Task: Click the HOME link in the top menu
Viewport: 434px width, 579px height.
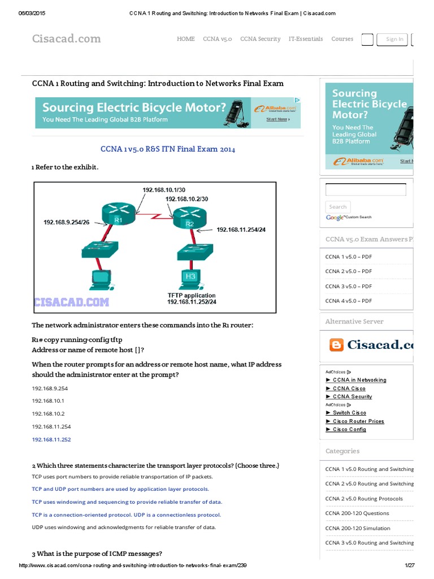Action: pyautogui.click(x=185, y=39)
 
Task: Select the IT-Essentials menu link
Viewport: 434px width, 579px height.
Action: pyautogui.click(x=306, y=39)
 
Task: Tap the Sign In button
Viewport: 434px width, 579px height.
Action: pyautogui.click(x=394, y=39)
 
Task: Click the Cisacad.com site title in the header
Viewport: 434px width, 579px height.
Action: pyautogui.click(x=66, y=38)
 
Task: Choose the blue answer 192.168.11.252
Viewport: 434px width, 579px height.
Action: pyautogui.click(x=51, y=439)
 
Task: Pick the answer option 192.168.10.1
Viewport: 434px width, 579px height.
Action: pyautogui.click(x=48, y=400)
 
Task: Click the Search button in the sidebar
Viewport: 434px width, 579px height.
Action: pyautogui.click(x=338, y=207)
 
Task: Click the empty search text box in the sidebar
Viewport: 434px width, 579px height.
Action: pyautogui.click(x=366, y=190)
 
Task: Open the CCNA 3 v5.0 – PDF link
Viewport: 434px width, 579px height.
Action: pyautogui.click(x=348, y=286)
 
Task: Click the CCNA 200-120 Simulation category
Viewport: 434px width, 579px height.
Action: pyautogui.click(x=357, y=528)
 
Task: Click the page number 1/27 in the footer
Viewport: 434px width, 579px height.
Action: pyautogui.click(x=410, y=566)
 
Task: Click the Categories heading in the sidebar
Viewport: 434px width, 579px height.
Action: pyautogui.click(x=342, y=451)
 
